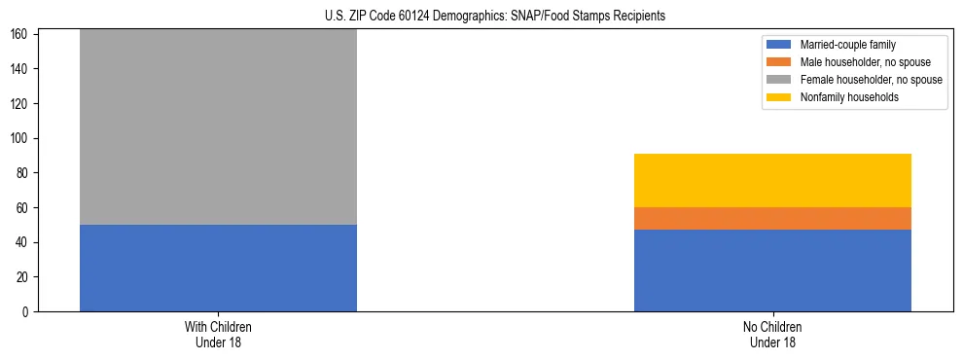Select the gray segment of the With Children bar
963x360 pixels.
pyautogui.click(x=218, y=126)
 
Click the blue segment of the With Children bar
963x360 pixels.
pyautogui.click(x=218, y=268)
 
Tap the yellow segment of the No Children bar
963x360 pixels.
pyautogui.click(x=772, y=180)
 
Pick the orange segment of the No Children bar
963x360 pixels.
pyautogui.click(x=772, y=218)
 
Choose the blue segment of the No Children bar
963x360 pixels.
pyautogui.click(x=772, y=270)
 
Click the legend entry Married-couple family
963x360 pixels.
pyautogui.click(x=845, y=45)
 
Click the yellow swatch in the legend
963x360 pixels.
pyautogui.click(x=780, y=97)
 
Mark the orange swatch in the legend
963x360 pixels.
pyautogui.click(x=780, y=62)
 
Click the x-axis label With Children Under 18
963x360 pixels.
pyautogui.click(x=218, y=334)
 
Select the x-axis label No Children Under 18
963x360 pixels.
pyautogui.click(x=772, y=334)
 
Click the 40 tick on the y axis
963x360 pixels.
pyautogui.click(x=25, y=242)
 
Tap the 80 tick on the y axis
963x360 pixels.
pyautogui.click(x=25, y=173)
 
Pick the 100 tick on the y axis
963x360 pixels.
pyautogui.click(x=22, y=138)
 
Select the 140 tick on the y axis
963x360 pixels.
pyautogui.click(x=22, y=69)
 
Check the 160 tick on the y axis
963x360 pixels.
pyautogui.click(x=22, y=35)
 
